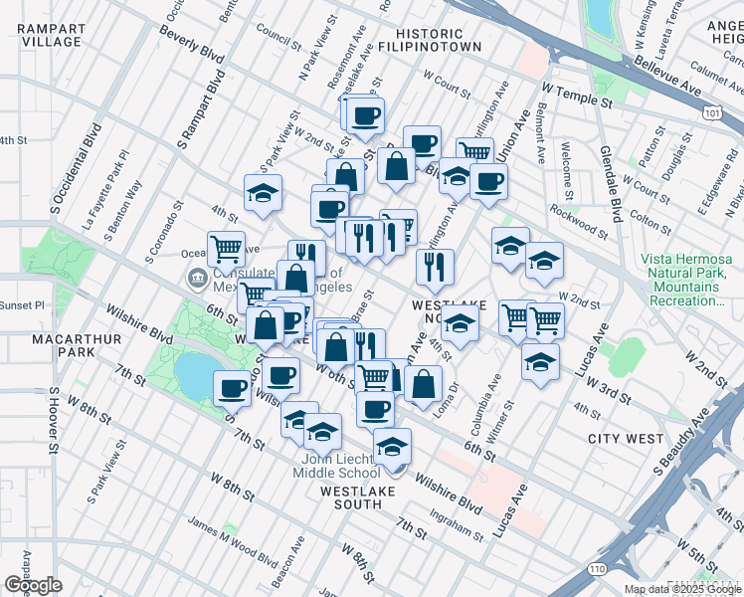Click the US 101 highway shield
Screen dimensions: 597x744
711,115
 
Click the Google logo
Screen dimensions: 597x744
34,585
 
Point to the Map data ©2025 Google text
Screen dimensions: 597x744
682,589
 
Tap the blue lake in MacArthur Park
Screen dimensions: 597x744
195,372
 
